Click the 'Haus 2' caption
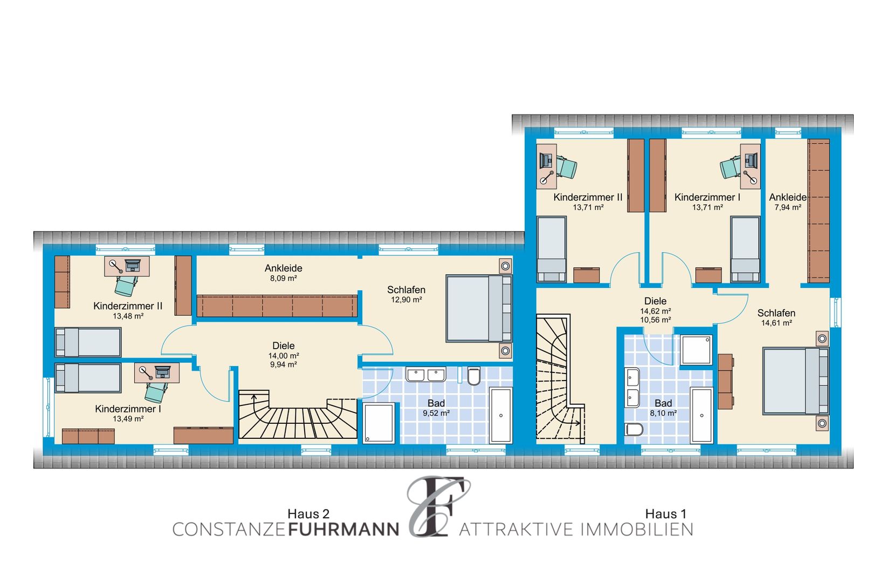pos(308,514)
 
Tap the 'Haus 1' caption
pos(665,514)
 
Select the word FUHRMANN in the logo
pos(343,530)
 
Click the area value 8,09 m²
pos(284,279)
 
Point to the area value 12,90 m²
pos(406,300)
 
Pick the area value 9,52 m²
pos(436,413)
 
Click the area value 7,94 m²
pos(788,207)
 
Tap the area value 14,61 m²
pos(776,323)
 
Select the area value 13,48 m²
pos(128,316)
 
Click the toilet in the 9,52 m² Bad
pos(473,376)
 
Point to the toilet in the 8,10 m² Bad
pos(634,429)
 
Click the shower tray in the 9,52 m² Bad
pos(379,423)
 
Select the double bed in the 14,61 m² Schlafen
pos(796,381)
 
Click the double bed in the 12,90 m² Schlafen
pos(479,308)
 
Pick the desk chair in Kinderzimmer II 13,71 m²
pos(566,167)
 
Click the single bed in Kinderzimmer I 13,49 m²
pos(88,378)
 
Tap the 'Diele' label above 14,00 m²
pos(284,345)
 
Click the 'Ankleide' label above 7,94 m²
pos(788,197)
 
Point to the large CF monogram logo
pos(437,507)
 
